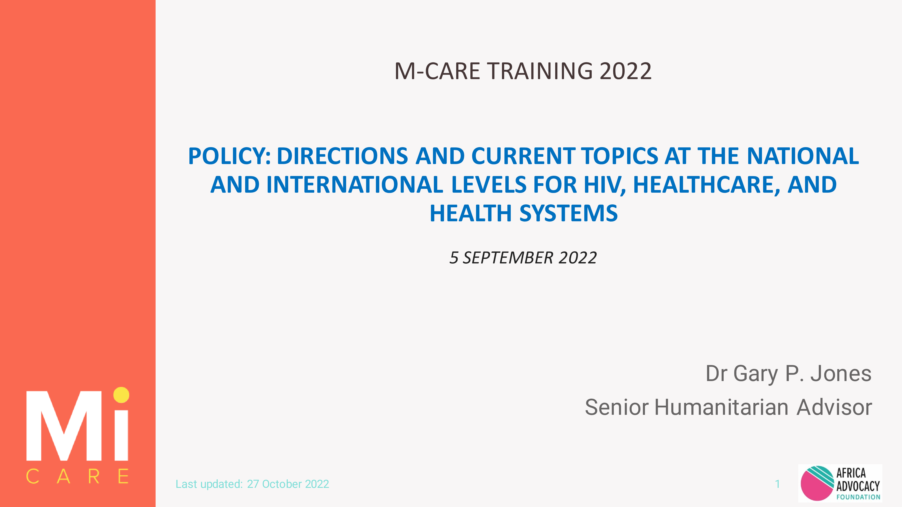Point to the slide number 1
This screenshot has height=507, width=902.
pos(777,484)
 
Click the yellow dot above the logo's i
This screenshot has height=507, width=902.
pos(121,395)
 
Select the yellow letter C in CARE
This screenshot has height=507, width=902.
pos(32,476)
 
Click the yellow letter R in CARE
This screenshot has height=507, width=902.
pos(94,476)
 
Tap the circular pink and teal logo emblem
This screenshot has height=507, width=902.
pos(817,483)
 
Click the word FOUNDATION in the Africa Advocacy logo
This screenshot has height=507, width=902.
pos(858,497)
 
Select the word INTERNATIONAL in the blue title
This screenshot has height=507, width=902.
pos(354,185)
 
